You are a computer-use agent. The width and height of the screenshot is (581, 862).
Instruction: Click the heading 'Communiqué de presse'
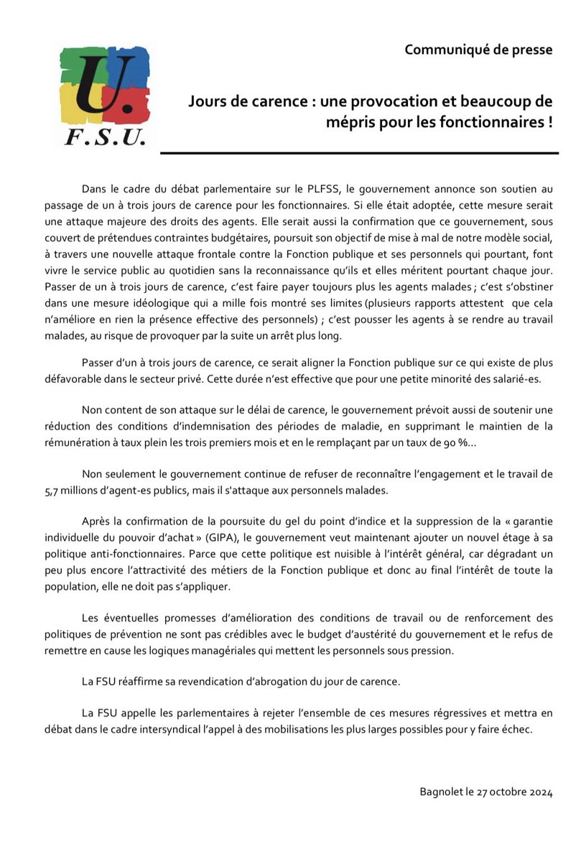click(x=478, y=50)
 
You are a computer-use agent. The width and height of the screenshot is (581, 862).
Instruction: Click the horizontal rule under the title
click(x=359, y=152)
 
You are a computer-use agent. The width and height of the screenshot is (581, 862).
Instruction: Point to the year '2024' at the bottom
click(x=538, y=792)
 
